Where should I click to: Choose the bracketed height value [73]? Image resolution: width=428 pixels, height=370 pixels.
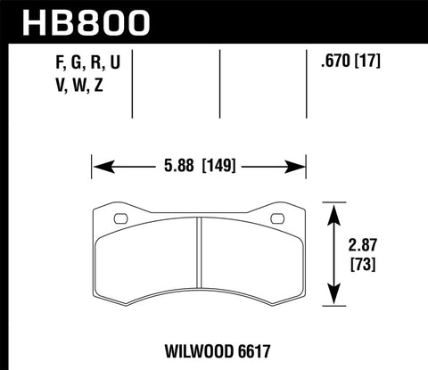(366, 266)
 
